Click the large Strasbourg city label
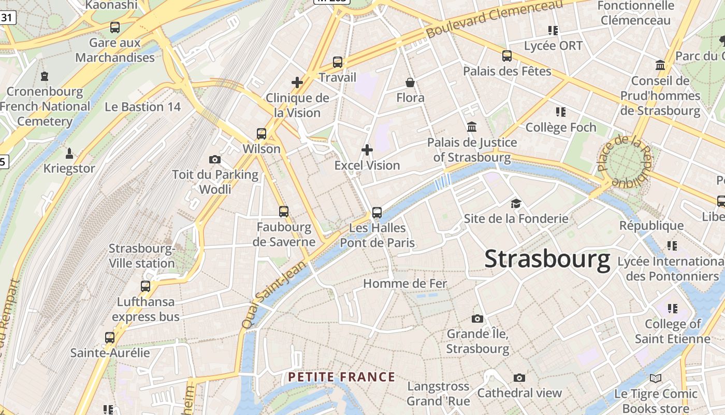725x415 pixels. coord(547,259)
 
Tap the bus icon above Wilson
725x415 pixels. coord(262,134)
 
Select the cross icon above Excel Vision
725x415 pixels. coord(367,150)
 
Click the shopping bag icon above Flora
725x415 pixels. coord(410,82)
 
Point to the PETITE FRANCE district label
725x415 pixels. coord(342,377)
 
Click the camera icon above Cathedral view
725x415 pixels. coord(519,378)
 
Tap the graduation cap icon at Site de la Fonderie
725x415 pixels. coord(516,203)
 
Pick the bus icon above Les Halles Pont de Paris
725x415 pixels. coord(377,212)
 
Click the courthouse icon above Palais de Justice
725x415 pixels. coord(472,127)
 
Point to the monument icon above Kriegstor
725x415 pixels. coord(69,154)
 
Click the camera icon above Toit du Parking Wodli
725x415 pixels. coord(215,159)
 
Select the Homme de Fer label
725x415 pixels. coord(405,284)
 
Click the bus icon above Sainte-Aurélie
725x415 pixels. coord(110,338)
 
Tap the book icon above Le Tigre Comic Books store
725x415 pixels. coord(656,379)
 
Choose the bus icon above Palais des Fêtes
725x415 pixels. coord(507,56)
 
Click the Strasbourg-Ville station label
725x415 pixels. coord(142,256)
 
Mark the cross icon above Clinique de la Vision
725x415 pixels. coord(297,82)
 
